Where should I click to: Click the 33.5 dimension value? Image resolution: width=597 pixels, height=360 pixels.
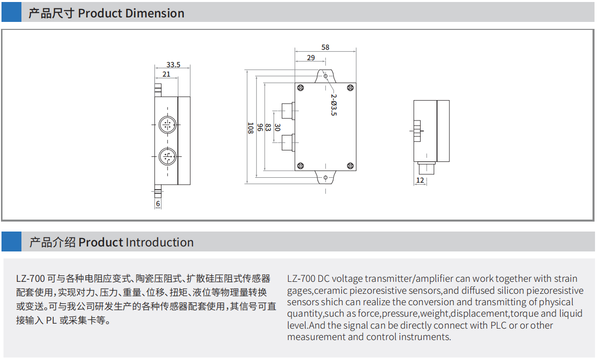pos(173,65)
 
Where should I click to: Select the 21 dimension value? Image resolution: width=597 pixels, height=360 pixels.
pos(166,74)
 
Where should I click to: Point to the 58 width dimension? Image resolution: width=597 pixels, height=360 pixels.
pos(325,48)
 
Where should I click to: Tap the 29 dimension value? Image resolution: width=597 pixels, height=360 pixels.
pos(311,58)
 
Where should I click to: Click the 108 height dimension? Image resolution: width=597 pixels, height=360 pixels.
pos(251,128)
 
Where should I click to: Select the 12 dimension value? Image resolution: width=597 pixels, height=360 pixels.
pos(420,180)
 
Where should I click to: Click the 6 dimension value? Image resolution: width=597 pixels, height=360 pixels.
pos(158,204)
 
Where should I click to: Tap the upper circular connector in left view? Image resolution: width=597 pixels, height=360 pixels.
pos(167,123)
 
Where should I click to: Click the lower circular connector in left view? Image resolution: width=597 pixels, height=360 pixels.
pos(167,157)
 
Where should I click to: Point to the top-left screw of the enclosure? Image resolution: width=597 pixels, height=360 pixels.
pos(300,89)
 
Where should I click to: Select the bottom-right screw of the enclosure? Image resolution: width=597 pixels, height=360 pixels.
pos(350,165)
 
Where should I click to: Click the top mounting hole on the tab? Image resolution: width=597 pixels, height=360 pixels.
pos(325,76)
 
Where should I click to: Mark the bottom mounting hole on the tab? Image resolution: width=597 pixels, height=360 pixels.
pos(325,178)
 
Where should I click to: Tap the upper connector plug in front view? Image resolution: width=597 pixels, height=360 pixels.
pos(287,109)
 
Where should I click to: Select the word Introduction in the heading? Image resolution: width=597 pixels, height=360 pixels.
pos(159,242)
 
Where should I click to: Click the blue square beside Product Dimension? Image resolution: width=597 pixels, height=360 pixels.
pos(11,11)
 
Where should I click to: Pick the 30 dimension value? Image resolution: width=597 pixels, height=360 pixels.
pos(278,128)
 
